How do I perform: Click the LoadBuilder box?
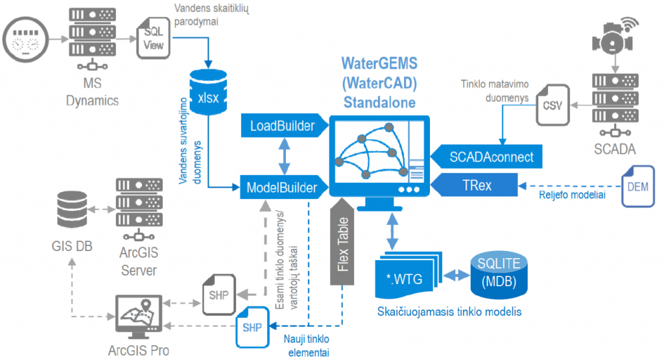click(282, 125)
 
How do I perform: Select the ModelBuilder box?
click(282, 187)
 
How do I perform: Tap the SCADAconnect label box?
click(491, 156)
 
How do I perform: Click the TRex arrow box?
click(477, 186)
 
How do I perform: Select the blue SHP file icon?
click(252, 327)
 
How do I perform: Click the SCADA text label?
click(614, 150)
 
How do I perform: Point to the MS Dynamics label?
click(92, 93)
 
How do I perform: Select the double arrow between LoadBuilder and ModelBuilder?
click(282, 156)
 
